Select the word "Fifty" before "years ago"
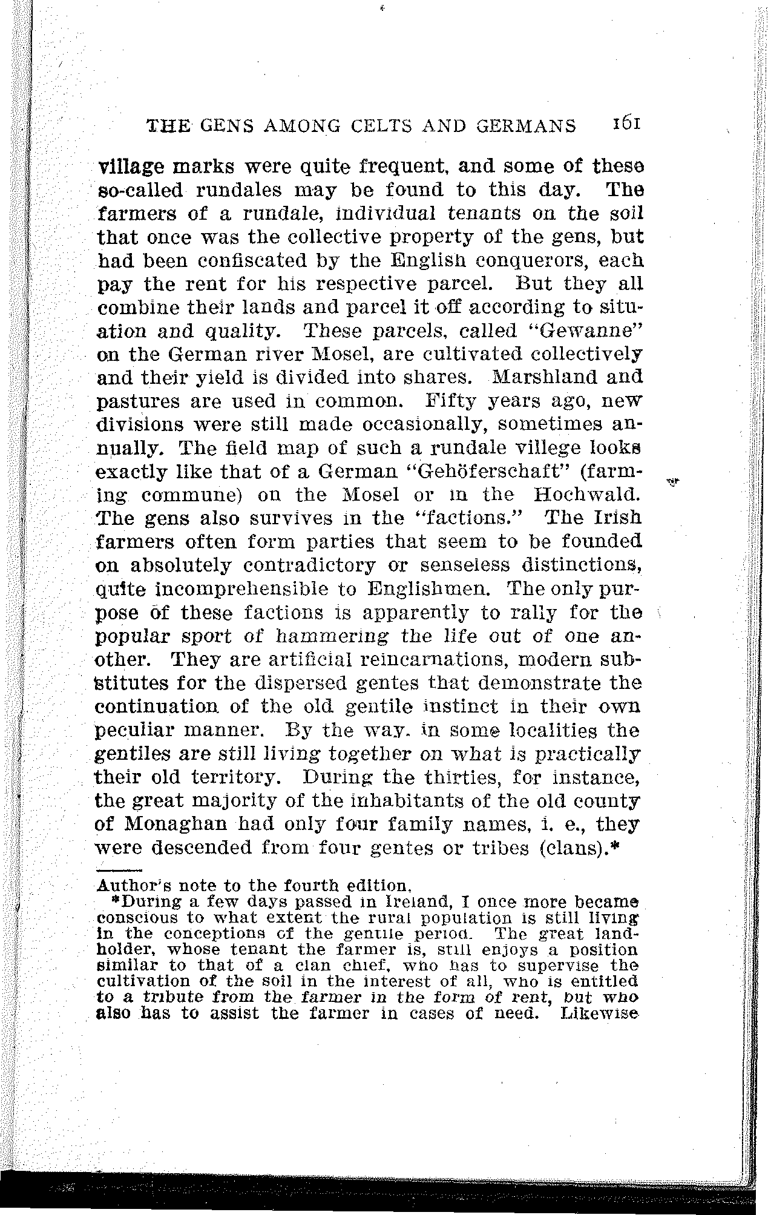451,400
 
